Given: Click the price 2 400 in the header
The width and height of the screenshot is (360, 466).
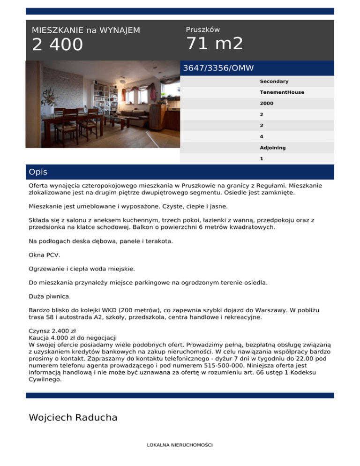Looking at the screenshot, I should point(57,45).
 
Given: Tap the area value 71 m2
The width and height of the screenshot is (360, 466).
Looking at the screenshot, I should point(215,44).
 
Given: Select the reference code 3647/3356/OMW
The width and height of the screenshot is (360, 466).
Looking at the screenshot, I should point(218,68).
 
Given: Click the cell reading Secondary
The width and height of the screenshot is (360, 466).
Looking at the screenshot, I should point(274,82).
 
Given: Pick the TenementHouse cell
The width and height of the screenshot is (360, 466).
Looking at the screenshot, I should point(282,92).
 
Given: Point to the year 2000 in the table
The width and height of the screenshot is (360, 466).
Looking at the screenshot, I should point(267,103).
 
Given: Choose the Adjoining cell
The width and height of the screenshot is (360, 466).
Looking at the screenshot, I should point(273,148).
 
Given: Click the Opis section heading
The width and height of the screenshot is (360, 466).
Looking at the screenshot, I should point(38,172).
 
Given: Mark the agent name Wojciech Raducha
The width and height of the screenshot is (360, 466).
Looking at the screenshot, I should point(73,417).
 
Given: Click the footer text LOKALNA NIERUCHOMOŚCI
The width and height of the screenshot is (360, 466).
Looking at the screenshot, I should point(180,444).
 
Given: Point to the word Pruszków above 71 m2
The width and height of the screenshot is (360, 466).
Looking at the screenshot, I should point(202,30).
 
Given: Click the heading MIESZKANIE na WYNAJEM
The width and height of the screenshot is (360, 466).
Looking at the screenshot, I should point(86,30).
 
